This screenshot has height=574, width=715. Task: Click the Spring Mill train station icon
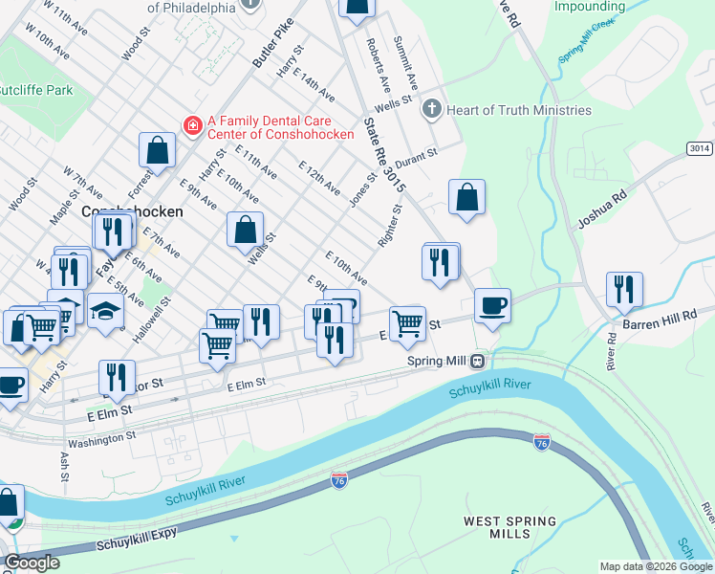pos(475,361)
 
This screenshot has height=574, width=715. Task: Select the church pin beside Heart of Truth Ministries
pos(431,110)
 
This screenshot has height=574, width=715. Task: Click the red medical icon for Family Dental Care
pos(192,125)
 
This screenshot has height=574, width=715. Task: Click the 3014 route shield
pos(699,148)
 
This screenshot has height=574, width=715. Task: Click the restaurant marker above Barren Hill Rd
pos(624,289)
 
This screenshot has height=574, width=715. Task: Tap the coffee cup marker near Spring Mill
pos(492,306)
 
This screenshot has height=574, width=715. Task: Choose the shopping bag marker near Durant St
pos(466,197)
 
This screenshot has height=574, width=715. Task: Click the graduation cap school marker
pos(105,310)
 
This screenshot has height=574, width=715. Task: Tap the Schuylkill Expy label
pos(135,541)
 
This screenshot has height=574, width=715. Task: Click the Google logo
pos(32,563)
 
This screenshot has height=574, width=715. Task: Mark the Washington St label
pos(103,437)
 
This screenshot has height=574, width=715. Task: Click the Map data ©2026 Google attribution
pos(656,566)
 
